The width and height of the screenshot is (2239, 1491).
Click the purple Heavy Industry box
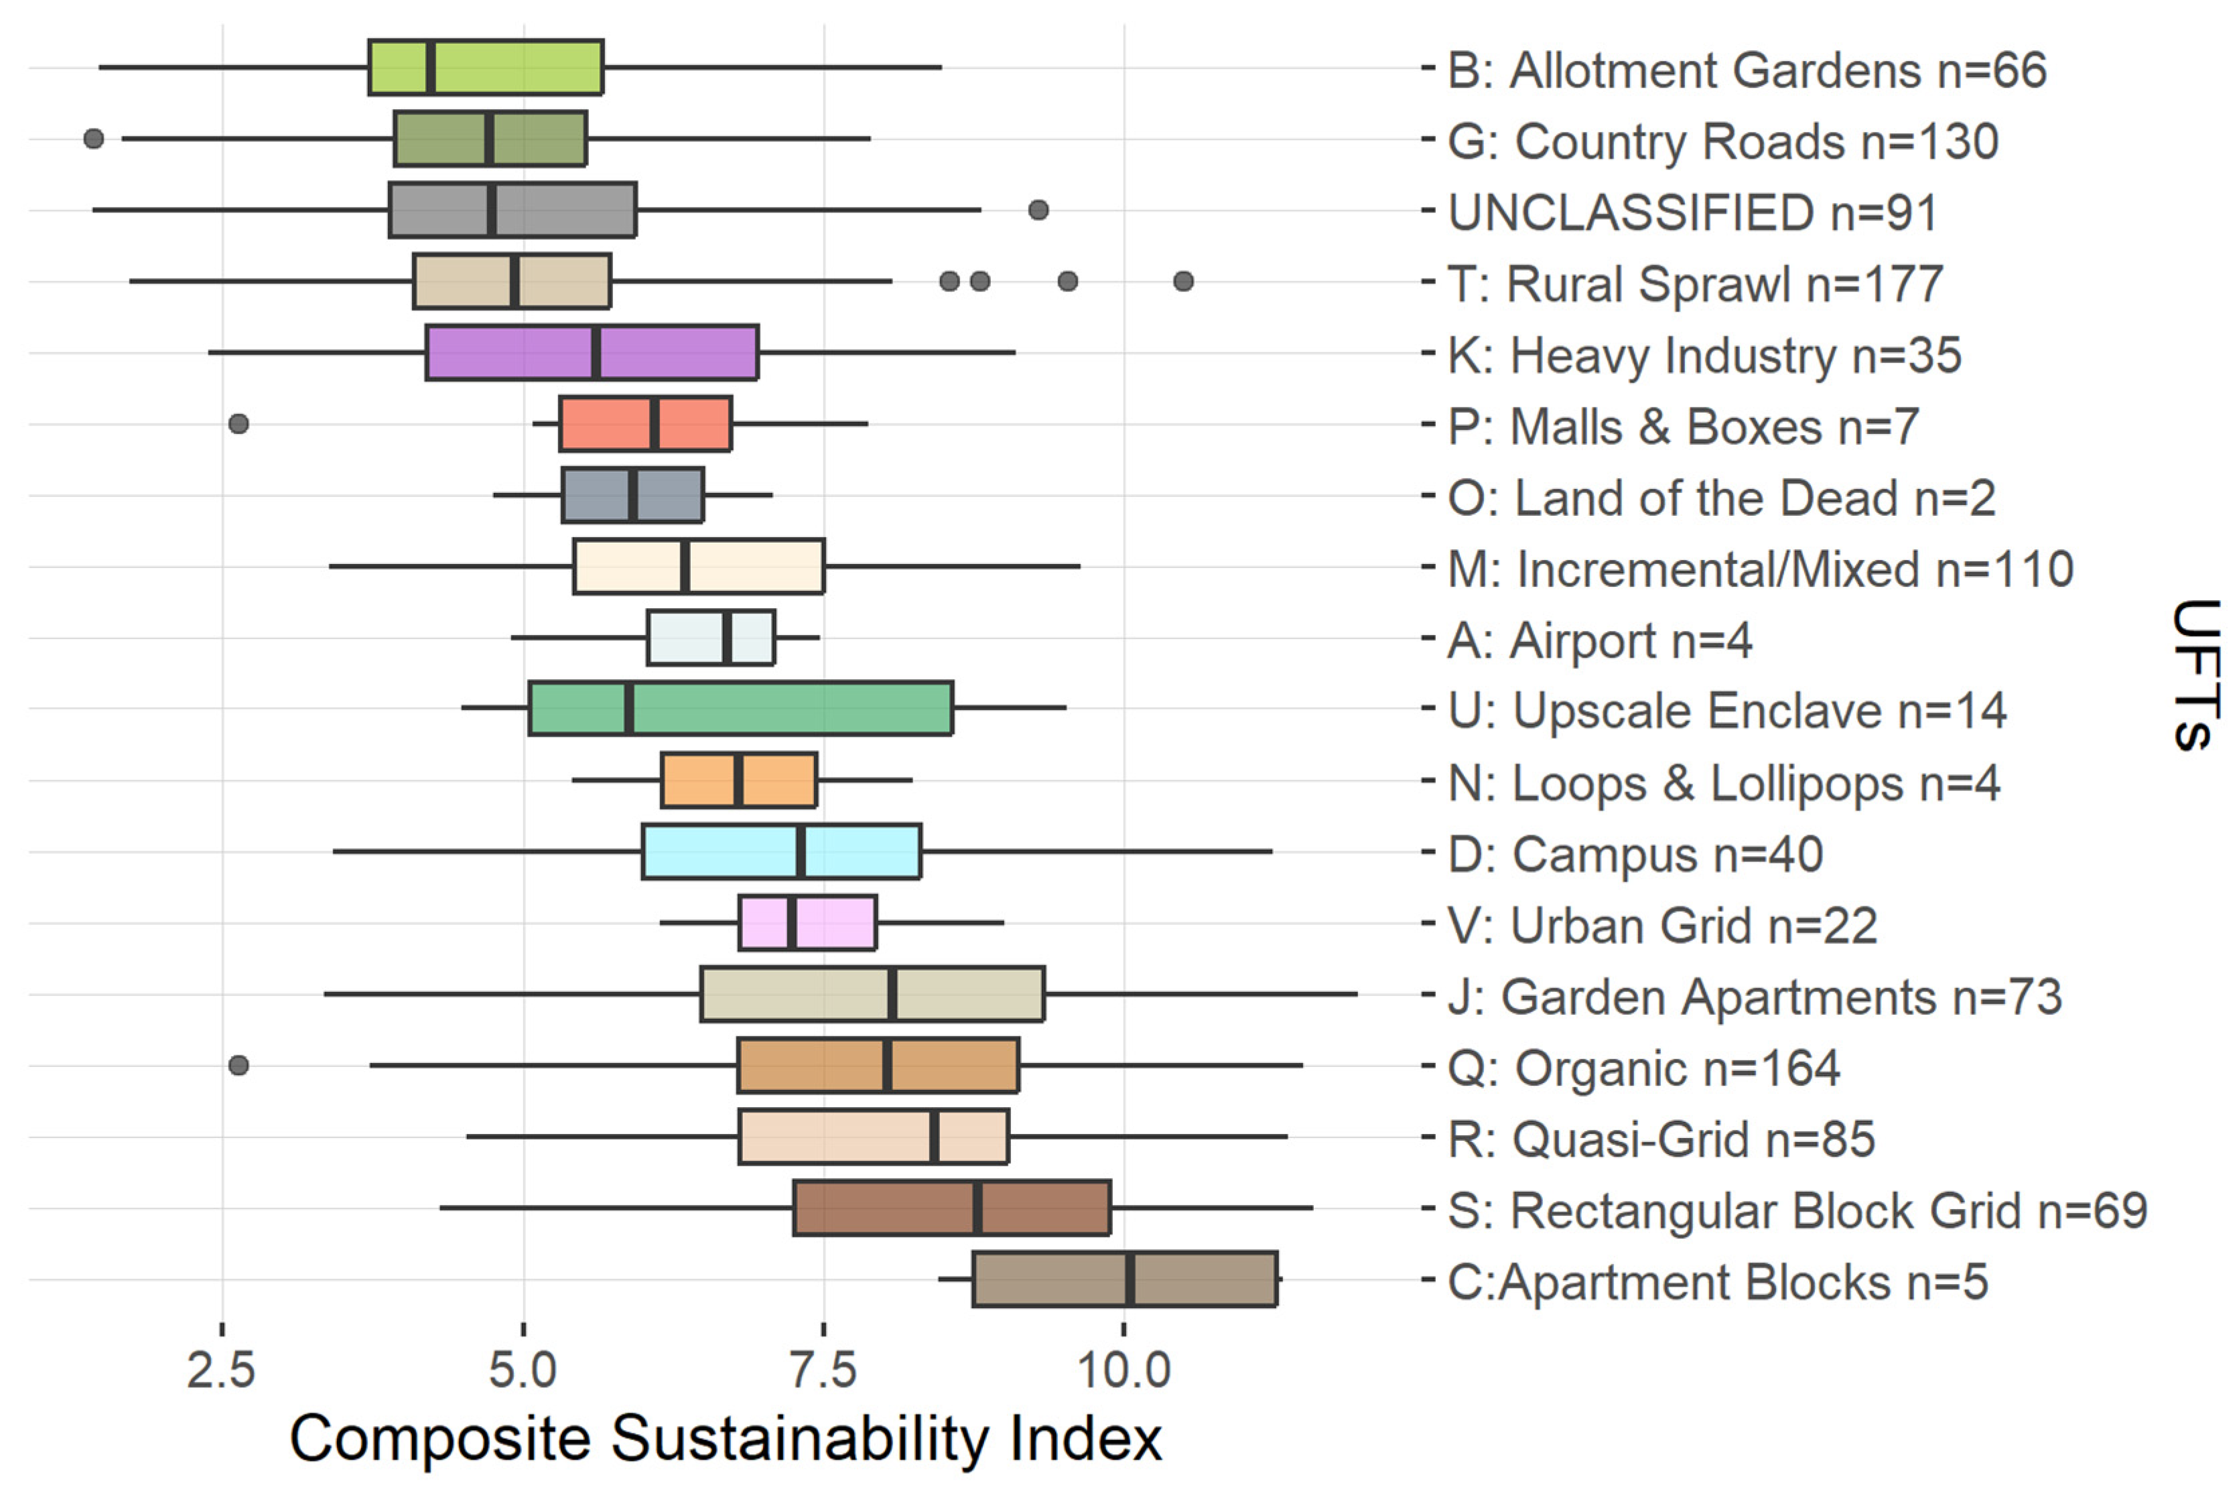pyautogui.click(x=591, y=352)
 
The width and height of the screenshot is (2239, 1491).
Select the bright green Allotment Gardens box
pyautogui.click(x=485, y=68)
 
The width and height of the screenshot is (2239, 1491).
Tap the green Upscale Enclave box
pyautogui.click(x=740, y=707)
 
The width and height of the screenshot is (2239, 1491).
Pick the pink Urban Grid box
pyautogui.click(x=807, y=922)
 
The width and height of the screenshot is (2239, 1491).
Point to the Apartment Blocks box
pyautogui.click(x=1124, y=1279)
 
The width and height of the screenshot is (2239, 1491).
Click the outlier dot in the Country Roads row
pyautogui.click(x=93, y=139)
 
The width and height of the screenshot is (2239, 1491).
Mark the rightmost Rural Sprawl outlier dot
pyautogui.click(x=1183, y=281)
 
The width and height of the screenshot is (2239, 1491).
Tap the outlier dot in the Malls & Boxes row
pyautogui.click(x=239, y=423)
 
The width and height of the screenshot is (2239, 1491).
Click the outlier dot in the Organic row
pyautogui.click(x=239, y=1065)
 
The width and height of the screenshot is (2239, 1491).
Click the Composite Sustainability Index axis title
pyautogui.click(x=725, y=1437)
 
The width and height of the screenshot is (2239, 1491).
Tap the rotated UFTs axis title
pyautogui.click(x=2197, y=675)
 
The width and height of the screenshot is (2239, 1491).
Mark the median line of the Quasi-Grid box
pyautogui.click(x=934, y=1136)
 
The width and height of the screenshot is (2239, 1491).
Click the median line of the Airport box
pyautogui.click(x=727, y=637)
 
